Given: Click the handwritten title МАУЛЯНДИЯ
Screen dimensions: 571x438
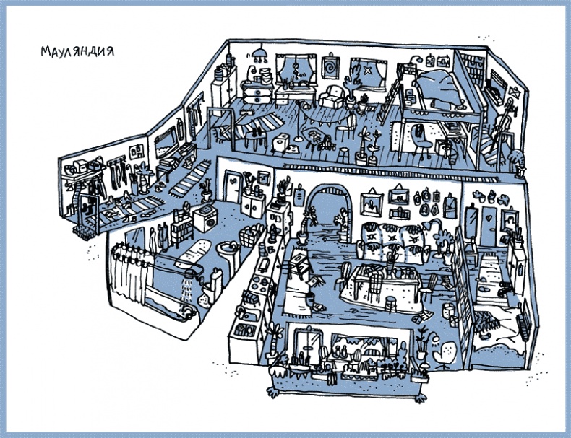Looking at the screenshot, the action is pyautogui.click(x=77, y=51).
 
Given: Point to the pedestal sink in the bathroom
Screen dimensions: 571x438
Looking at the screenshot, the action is pyautogui.click(x=228, y=254).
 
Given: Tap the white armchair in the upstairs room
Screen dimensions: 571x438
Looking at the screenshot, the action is pyautogui.click(x=332, y=96).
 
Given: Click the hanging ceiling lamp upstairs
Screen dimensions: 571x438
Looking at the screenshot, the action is pyautogui.click(x=259, y=54).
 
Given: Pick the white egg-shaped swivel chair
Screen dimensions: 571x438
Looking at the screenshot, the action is pyautogui.click(x=445, y=354).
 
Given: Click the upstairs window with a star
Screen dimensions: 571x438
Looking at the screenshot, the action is pyautogui.click(x=367, y=73).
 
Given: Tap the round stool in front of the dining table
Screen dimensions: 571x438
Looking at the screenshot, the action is pyautogui.click(x=390, y=303).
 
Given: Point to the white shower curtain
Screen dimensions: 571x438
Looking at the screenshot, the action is pyautogui.click(x=130, y=272).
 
